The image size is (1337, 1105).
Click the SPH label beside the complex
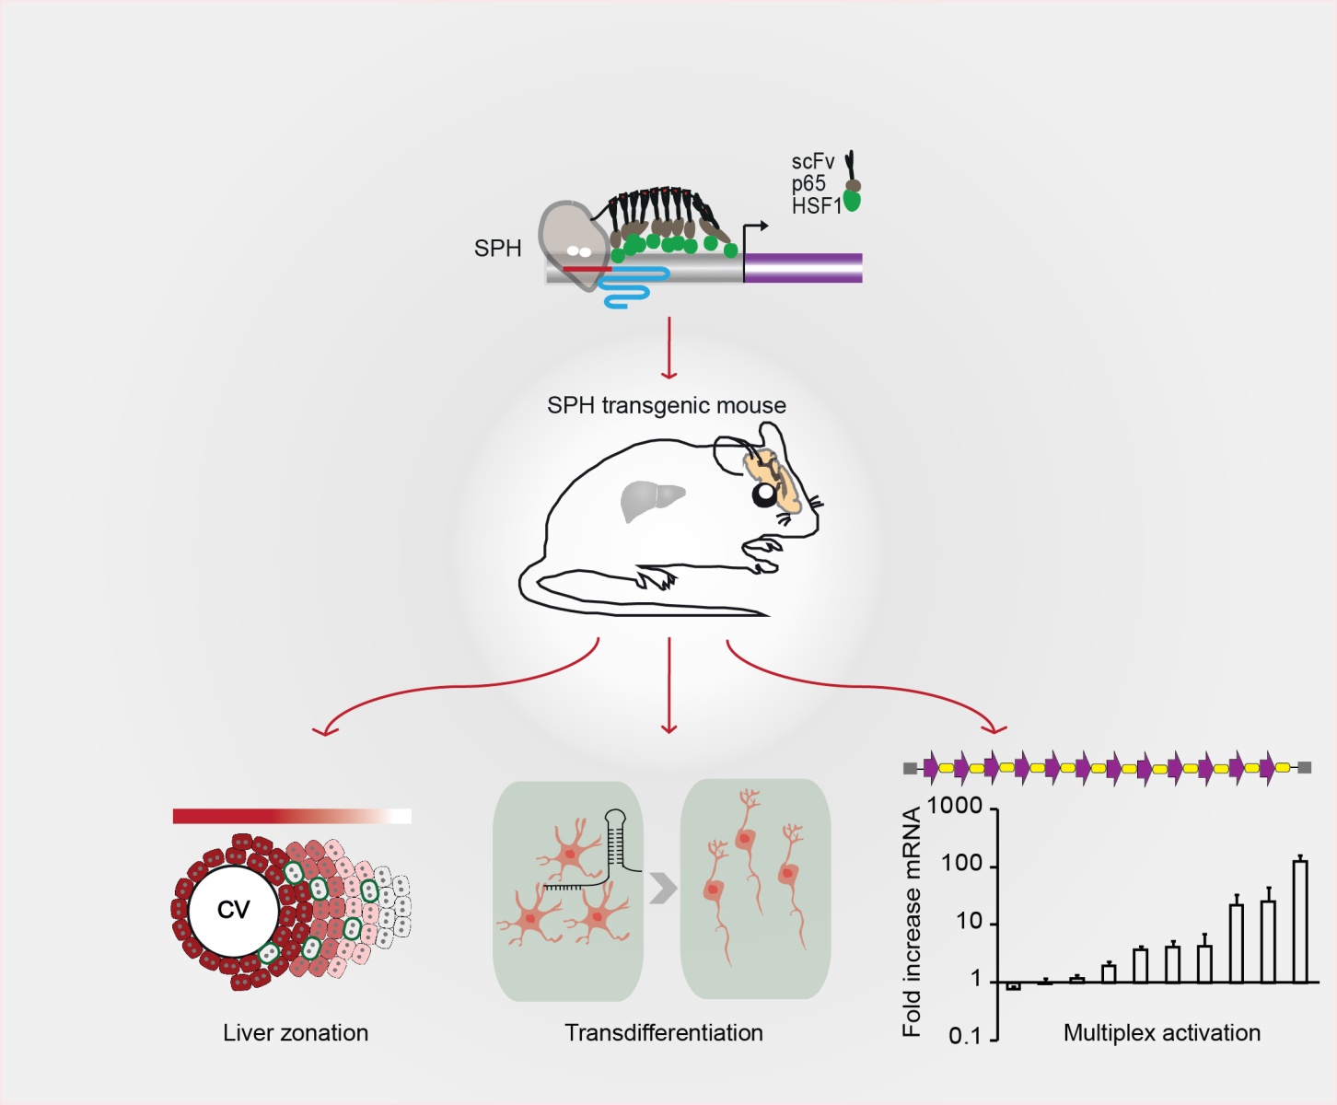tap(497, 249)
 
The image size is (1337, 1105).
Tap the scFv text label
tap(812, 162)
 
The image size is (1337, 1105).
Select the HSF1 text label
tap(816, 206)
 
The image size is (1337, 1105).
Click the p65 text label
tap(808, 184)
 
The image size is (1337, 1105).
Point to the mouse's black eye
tap(765, 495)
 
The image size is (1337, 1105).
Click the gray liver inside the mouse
tap(651, 500)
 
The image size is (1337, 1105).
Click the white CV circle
tap(233, 911)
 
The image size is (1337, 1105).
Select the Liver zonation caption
tap(296, 1033)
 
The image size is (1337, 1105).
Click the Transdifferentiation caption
tap(664, 1033)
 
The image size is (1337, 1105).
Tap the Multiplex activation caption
tap(1162, 1033)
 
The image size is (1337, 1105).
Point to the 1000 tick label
tap(955, 806)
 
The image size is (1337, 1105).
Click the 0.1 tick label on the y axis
tap(964, 1037)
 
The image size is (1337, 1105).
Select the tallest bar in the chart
tap(1300, 921)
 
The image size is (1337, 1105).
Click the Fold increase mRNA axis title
tap(912, 922)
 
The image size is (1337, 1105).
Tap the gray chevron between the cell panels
tap(663, 889)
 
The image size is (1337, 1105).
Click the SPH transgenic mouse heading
tap(667, 405)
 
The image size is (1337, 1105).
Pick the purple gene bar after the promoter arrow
tap(803, 267)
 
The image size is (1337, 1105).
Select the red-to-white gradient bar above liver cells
tap(292, 816)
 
